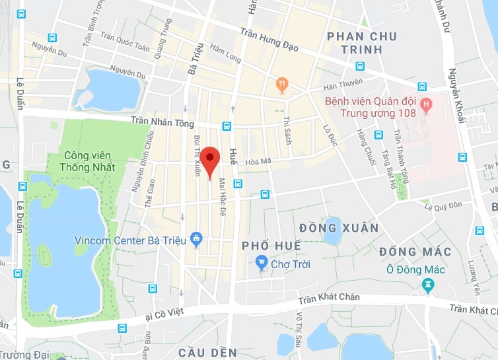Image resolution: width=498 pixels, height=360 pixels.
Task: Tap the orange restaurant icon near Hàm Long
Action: (x=282, y=85)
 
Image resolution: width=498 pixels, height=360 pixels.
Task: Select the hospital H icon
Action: (x=426, y=104)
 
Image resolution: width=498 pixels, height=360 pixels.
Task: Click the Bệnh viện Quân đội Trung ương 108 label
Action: (x=370, y=107)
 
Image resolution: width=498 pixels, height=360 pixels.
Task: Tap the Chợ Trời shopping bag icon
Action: (x=262, y=264)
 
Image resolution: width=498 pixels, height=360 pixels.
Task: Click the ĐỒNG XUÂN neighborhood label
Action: (x=339, y=228)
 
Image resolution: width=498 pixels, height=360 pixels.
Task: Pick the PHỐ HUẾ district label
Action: (x=271, y=246)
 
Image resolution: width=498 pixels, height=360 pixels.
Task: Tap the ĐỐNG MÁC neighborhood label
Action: (x=415, y=252)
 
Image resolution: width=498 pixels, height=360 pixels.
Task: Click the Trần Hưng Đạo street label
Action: (x=269, y=40)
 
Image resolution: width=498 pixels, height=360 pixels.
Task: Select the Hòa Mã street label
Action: (x=258, y=161)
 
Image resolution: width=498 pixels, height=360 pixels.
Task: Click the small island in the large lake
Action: (x=45, y=255)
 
